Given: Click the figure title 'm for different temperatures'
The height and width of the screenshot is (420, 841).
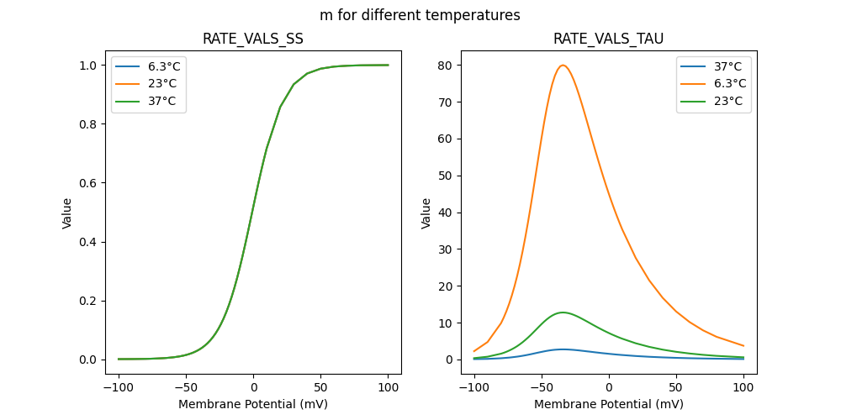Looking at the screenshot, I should [x=420, y=15].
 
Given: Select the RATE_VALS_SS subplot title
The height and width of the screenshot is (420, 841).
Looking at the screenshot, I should [x=253, y=39].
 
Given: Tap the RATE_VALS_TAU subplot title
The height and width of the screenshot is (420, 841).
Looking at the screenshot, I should [x=609, y=39].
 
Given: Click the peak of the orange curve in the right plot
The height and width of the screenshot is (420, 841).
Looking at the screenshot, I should [x=563, y=66].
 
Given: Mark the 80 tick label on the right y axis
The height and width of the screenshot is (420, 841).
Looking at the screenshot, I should [x=444, y=66].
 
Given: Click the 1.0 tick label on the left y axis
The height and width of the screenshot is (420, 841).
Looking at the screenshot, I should [x=82, y=66].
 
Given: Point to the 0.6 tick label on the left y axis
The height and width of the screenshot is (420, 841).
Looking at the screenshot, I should [x=82, y=183].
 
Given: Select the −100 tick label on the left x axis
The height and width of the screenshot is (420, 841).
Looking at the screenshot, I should [x=119, y=388].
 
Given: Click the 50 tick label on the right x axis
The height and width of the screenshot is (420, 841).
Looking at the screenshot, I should [x=676, y=388].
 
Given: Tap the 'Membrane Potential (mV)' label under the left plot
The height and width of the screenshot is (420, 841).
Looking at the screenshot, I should [x=253, y=404].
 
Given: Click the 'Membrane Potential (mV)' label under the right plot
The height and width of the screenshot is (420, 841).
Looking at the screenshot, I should [x=609, y=404].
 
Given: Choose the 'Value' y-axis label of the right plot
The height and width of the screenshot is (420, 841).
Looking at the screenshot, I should [x=426, y=213].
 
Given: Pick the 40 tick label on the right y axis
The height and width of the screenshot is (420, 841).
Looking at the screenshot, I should [x=444, y=213].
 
